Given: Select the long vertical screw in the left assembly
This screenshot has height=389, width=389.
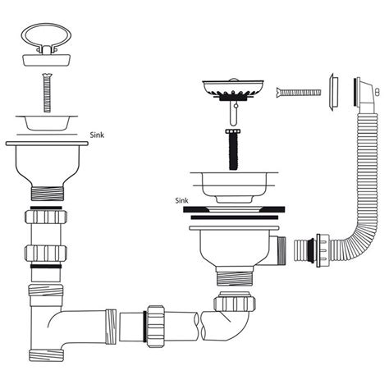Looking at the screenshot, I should (x=46, y=91).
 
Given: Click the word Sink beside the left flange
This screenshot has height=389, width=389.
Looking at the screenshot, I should (x=98, y=136).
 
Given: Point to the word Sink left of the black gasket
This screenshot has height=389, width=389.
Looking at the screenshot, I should (x=181, y=200).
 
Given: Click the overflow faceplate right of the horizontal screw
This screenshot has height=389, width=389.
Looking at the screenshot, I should (x=334, y=90).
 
